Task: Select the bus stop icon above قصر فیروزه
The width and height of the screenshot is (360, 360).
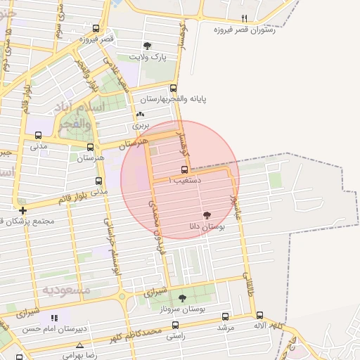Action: tap(96, 30)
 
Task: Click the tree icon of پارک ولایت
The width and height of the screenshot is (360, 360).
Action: tap(146, 46)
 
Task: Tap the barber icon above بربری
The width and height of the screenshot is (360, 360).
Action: tap(141, 115)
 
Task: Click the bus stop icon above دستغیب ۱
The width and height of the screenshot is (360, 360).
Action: tap(184, 169)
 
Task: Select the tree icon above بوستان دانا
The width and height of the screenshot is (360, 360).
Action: tap(207, 215)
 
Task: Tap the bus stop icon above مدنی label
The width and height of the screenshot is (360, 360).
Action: tap(38, 136)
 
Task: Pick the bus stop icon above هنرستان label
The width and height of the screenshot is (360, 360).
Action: tap(90, 148)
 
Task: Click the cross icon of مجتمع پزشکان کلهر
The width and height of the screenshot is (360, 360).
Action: tap(23, 210)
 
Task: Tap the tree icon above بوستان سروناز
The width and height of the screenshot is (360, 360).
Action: tap(182, 298)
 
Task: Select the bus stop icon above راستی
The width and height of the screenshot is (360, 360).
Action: tap(175, 325)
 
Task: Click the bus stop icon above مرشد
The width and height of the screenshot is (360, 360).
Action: tap(225, 316)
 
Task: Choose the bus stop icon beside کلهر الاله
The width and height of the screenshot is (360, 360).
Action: tap(259, 316)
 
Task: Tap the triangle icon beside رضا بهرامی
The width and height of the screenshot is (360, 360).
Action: tap(79, 345)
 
